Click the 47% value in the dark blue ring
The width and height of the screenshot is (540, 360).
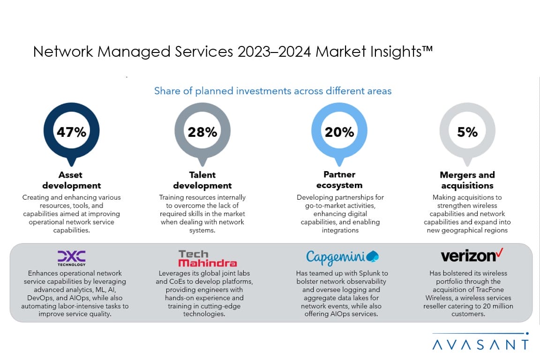click(71, 132)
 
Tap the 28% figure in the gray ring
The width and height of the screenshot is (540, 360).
click(202, 132)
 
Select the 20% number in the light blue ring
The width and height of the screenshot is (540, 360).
click(339, 132)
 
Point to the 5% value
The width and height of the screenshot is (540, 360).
click(467, 132)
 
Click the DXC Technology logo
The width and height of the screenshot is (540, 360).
click(71, 257)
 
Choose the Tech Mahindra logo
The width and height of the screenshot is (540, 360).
click(207, 258)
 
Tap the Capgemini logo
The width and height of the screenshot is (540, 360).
click(342, 257)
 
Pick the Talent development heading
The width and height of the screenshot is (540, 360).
click(202, 180)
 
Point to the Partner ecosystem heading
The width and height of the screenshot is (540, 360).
click(339, 180)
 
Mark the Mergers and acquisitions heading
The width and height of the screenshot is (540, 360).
click(467, 180)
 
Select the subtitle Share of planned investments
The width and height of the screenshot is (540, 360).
click(273, 91)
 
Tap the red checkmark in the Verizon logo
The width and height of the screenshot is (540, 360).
click(500, 254)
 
